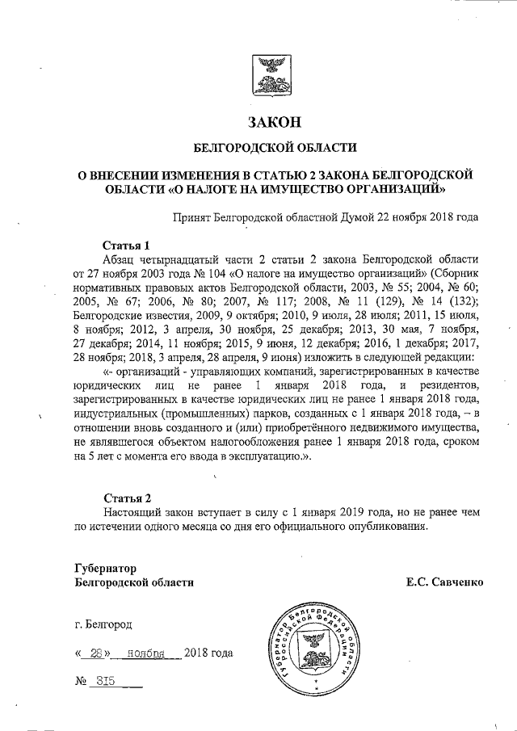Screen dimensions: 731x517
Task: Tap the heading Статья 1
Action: pos(128,244)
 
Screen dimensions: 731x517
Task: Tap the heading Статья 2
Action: pos(128,497)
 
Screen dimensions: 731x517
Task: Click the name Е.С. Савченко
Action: pos(445,582)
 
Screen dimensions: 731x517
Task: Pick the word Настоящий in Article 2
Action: pos(134,511)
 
